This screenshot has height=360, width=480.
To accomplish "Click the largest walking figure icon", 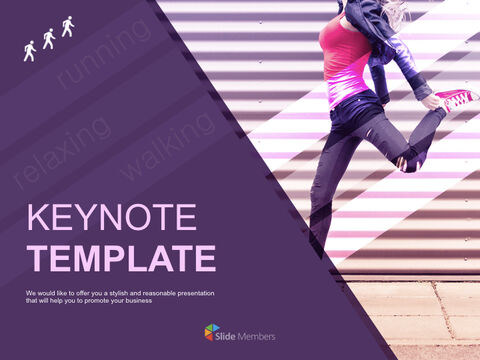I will click(68, 27).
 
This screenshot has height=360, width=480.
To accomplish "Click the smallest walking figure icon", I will click(30, 51).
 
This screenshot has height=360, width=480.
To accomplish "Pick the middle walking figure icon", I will click(48, 38).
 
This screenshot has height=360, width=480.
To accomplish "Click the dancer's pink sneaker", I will click(457, 99).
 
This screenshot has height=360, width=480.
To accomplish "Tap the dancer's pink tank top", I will click(345, 60).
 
